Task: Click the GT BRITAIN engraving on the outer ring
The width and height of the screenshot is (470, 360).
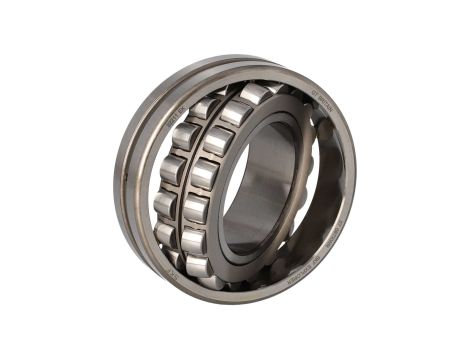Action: pyautogui.click(x=322, y=98)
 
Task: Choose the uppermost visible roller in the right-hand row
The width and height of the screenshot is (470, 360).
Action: pyautogui.click(x=256, y=94)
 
